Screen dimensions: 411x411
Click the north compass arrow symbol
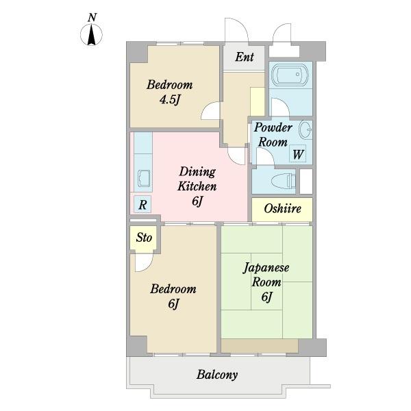91,35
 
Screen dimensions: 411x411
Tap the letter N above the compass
92,18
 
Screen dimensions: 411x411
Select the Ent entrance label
245,57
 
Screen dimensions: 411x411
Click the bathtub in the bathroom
290,75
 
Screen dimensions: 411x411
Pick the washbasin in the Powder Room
306,129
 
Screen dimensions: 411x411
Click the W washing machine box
298,153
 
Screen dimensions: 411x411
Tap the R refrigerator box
142,204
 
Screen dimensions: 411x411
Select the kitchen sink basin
143,178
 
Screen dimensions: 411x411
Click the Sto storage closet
144,238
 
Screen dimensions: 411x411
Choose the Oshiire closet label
282,209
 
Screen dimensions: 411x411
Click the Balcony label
217,375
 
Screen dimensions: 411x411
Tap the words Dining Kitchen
197,179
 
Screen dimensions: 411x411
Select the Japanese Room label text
266,275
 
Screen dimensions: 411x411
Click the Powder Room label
273,135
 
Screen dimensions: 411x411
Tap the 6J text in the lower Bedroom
173,303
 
